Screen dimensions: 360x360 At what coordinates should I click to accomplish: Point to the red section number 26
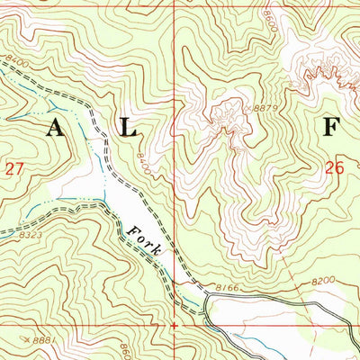click(335, 166)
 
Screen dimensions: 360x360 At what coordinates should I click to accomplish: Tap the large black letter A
click(55, 128)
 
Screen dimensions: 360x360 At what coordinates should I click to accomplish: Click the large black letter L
click(130, 128)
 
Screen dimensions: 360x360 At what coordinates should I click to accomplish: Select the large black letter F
click(330, 127)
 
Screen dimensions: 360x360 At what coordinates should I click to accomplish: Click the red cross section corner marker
click(172, 325)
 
